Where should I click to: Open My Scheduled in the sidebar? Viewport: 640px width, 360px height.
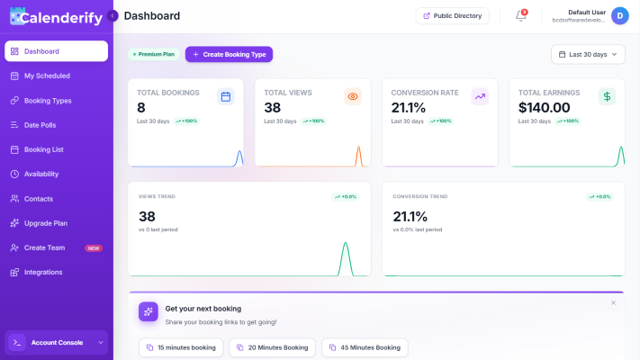click(x=47, y=76)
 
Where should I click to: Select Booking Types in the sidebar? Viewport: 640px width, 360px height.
click(x=48, y=100)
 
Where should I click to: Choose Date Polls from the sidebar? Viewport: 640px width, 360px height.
click(x=40, y=125)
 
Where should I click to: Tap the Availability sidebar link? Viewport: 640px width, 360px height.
click(x=41, y=174)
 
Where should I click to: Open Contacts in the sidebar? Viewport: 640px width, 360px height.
click(x=39, y=198)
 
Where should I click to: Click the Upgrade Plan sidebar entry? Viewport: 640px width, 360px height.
click(x=46, y=223)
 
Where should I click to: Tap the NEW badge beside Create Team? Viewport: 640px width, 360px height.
click(x=94, y=247)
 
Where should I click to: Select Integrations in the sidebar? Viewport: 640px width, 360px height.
click(x=43, y=272)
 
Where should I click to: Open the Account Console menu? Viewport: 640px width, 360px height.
click(x=57, y=342)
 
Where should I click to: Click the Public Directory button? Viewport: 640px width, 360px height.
click(x=452, y=15)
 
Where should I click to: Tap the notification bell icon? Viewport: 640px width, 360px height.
click(x=520, y=15)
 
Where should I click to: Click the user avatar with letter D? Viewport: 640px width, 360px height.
click(x=619, y=15)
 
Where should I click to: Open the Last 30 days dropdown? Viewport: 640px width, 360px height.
click(x=588, y=54)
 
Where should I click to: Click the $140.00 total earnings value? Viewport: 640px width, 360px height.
click(x=545, y=108)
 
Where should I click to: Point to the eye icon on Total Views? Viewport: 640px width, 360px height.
click(x=353, y=96)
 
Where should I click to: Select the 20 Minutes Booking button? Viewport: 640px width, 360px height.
click(x=273, y=347)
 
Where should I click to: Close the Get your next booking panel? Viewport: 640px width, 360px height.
click(x=613, y=303)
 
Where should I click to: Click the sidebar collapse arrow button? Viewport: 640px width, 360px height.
click(x=113, y=16)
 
